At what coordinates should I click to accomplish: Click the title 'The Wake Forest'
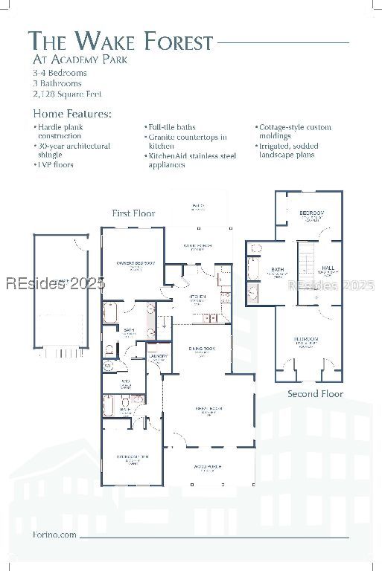[121, 42]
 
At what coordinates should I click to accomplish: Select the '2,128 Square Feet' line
[67, 94]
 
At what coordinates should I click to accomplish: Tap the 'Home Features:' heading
[72, 114]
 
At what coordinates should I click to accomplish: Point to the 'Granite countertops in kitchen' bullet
[188, 141]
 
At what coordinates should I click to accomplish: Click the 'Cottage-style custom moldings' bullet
[294, 132]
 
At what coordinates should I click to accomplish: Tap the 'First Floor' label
[133, 213]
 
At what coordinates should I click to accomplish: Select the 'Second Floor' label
[315, 393]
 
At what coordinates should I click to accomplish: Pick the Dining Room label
[201, 349]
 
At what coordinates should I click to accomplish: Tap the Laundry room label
[158, 357]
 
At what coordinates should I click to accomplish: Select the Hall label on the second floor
[328, 268]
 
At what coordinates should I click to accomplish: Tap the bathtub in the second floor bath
[253, 268]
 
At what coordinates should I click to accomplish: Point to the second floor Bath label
[278, 271]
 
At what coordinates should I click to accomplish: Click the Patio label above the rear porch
[197, 206]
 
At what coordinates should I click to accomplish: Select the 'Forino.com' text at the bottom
[54, 535]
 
